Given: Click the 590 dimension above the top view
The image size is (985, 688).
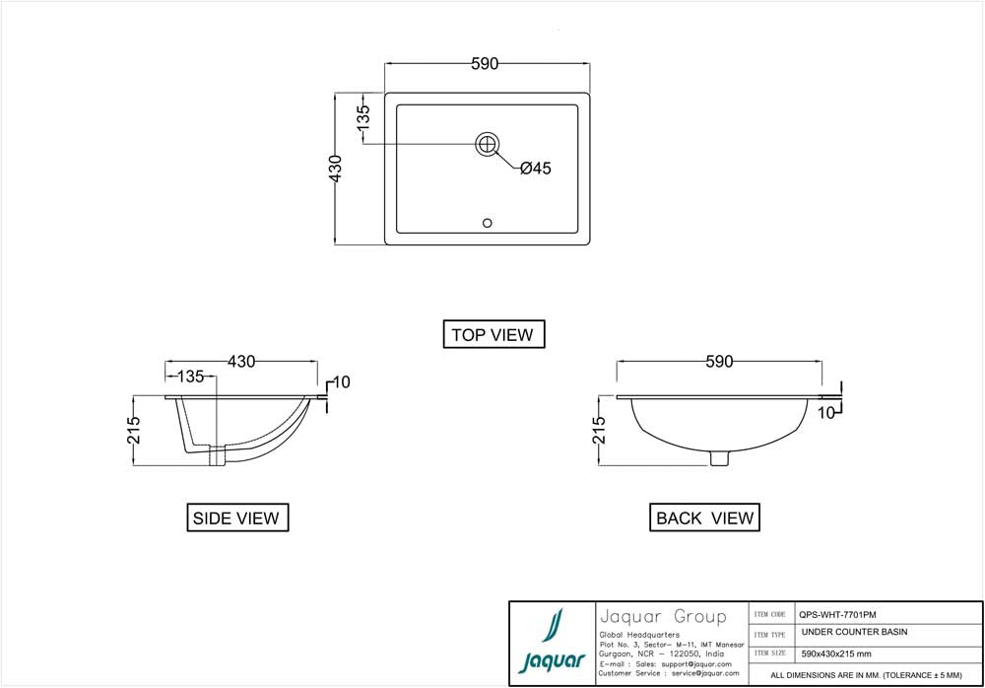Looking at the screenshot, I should (485, 64).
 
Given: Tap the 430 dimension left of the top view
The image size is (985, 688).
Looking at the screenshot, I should (335, 169).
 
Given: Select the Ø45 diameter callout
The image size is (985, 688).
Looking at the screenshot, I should (535, 169).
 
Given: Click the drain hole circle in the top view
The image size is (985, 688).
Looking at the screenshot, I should (488, 144).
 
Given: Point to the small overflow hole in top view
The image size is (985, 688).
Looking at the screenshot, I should (487, 223).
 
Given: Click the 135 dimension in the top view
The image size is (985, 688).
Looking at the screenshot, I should (363, 118).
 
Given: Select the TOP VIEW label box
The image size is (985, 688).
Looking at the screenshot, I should (492, 334).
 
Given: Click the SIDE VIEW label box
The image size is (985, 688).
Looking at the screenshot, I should (237, 517).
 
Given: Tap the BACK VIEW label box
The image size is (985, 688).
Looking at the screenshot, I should (705, 517).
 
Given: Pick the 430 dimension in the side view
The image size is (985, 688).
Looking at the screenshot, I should (242, 362).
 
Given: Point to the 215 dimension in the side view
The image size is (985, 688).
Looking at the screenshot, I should (135, 431).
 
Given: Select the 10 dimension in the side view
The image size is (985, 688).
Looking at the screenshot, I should (341, 382).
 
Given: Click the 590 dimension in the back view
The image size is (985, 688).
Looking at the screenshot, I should (719, 362).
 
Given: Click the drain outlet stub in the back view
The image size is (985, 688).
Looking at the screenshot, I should (720, 457).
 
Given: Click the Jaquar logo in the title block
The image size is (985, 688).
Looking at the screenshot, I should (552, 643).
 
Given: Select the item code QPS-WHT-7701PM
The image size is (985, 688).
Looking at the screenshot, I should (836, 613).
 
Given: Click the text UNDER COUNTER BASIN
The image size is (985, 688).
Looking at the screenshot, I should (854, 632).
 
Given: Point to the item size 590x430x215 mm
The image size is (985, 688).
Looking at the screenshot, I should (835, 654).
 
